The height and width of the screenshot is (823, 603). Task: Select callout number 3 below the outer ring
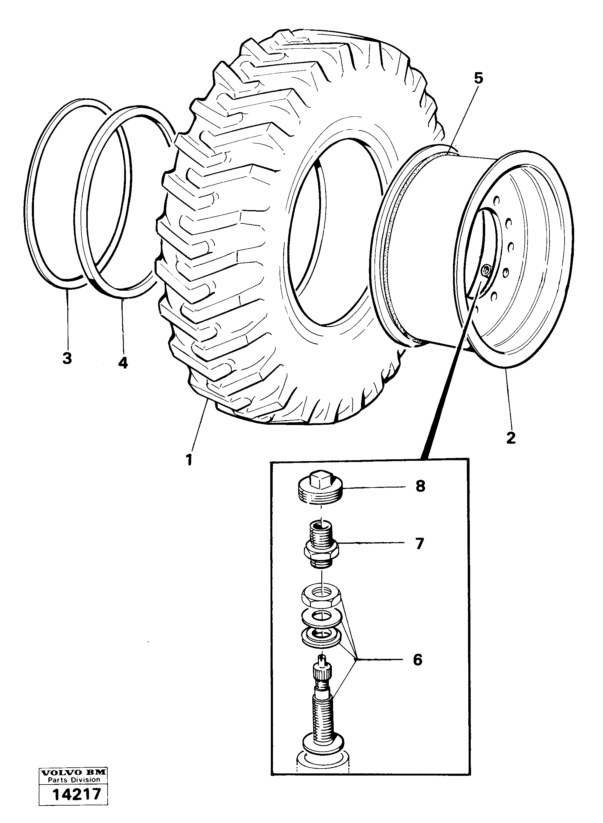67,358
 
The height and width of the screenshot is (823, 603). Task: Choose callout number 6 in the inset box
417,659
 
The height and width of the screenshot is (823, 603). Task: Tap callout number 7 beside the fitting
419,554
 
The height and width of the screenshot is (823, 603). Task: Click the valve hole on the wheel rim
485,271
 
